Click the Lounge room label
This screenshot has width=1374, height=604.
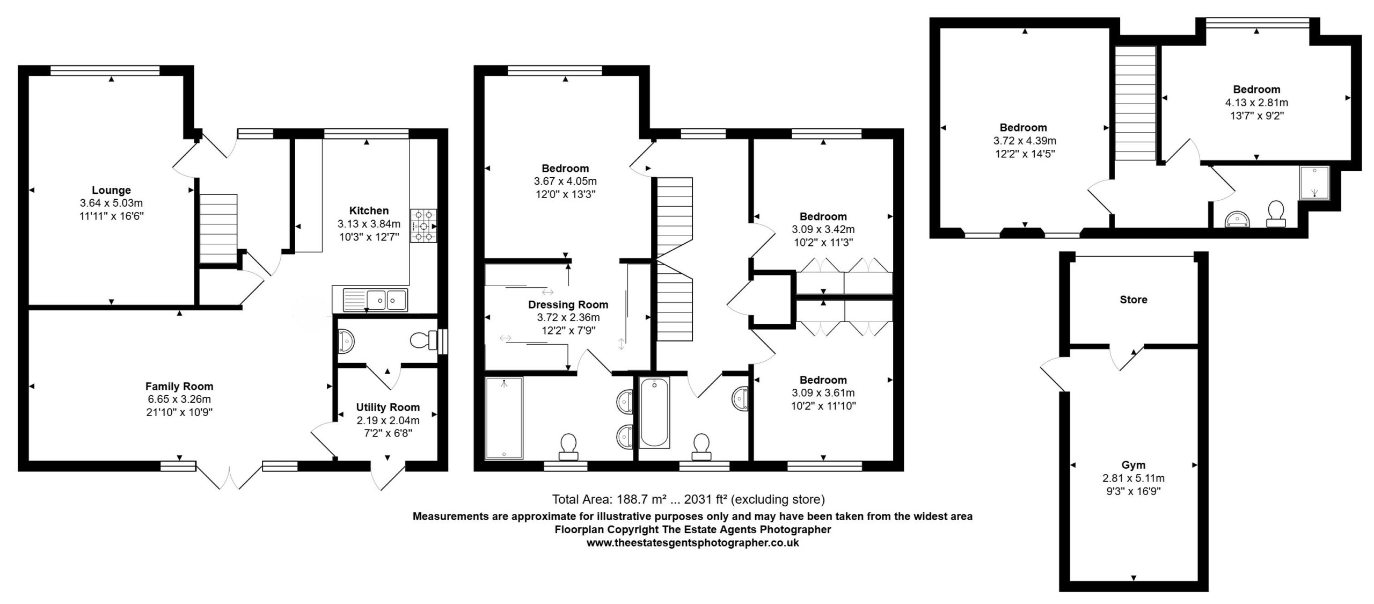[111, 190]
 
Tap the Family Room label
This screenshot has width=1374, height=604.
[179, 386]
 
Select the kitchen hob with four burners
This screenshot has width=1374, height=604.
[423, 225]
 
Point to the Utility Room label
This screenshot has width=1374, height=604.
[388, 407]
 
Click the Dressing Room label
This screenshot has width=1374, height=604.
[568, 304]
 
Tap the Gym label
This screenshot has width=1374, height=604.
[1133, 465]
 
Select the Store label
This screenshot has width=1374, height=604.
[1133, 300]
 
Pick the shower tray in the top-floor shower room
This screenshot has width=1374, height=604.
[1313, 183]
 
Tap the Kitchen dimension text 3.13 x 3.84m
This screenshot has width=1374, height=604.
[369, 224]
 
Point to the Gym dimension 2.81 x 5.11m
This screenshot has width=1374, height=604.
[1133, 478]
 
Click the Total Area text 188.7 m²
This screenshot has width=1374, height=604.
[610, 500]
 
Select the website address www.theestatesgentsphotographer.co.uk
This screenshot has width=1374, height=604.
[692, 543]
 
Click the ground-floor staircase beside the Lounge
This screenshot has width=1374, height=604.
[218, 229]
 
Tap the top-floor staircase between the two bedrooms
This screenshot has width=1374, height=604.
[1135, 103]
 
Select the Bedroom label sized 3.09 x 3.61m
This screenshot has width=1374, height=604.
[823, 380]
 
